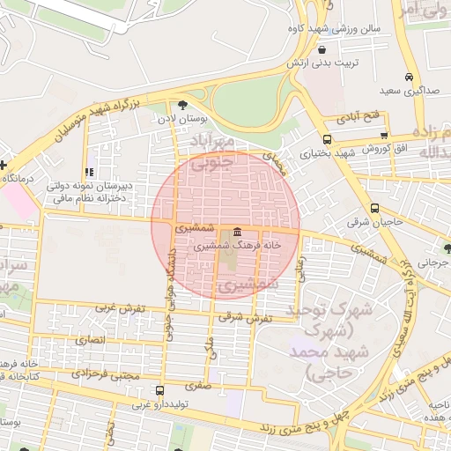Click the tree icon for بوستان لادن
coord(182,105)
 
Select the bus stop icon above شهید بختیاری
coord(328,139)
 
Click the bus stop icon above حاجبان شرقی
coord(375,209)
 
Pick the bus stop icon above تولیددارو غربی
coord(159,391)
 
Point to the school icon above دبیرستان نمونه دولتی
coord(88,172)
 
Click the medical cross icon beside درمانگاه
coord(4,165)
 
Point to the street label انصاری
coord(90,339)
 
